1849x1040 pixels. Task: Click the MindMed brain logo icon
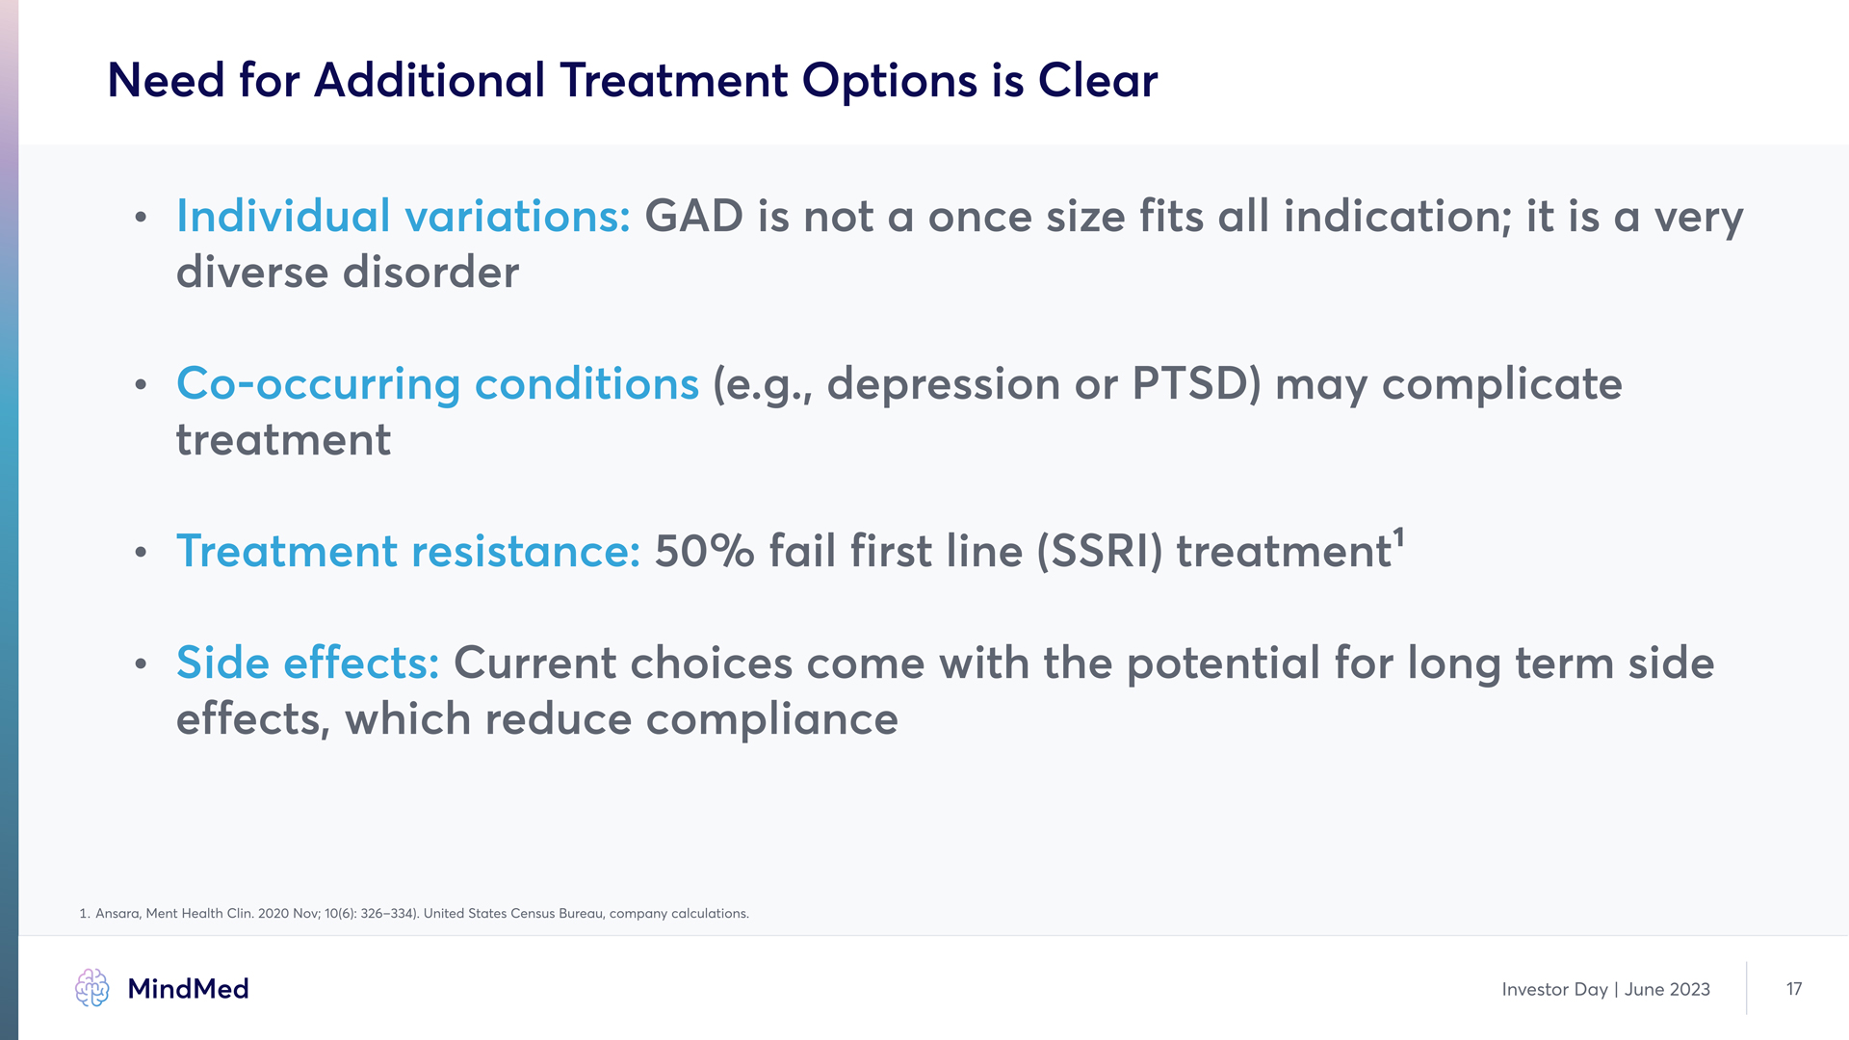92,988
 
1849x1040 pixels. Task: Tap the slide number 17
1794,989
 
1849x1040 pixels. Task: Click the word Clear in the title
1098,80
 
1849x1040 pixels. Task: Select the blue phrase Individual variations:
404,216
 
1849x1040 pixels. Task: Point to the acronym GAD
694,216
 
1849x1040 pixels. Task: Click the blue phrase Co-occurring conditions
437,384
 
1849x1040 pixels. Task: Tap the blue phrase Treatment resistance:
408,552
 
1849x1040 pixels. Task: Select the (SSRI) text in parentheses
1100,552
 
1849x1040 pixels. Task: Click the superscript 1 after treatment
1398,537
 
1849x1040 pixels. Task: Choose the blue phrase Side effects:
308,663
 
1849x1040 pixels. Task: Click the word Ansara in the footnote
117,913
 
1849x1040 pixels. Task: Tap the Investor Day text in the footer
1555,989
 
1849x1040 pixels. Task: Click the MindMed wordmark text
188,989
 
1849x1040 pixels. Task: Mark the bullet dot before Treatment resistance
141,553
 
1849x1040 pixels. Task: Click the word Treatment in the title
674,80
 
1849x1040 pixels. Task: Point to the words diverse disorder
348,273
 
